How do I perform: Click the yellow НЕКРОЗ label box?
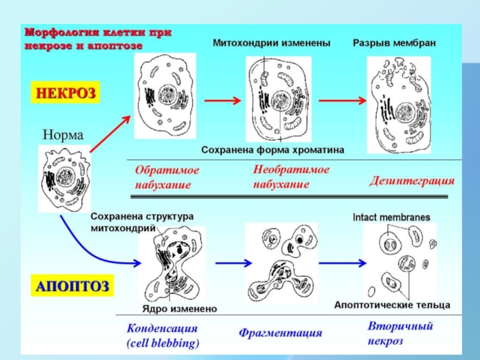[x=64, y=94]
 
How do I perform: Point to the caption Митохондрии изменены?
[x=272, y=43]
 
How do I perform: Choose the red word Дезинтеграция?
[x=412, y=180]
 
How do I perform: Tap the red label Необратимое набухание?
[x=291, y=177]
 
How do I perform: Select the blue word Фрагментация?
[x=281, y=332]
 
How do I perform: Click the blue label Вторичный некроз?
[x=400, y=334]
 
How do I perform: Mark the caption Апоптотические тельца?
[x=392, y=305]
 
